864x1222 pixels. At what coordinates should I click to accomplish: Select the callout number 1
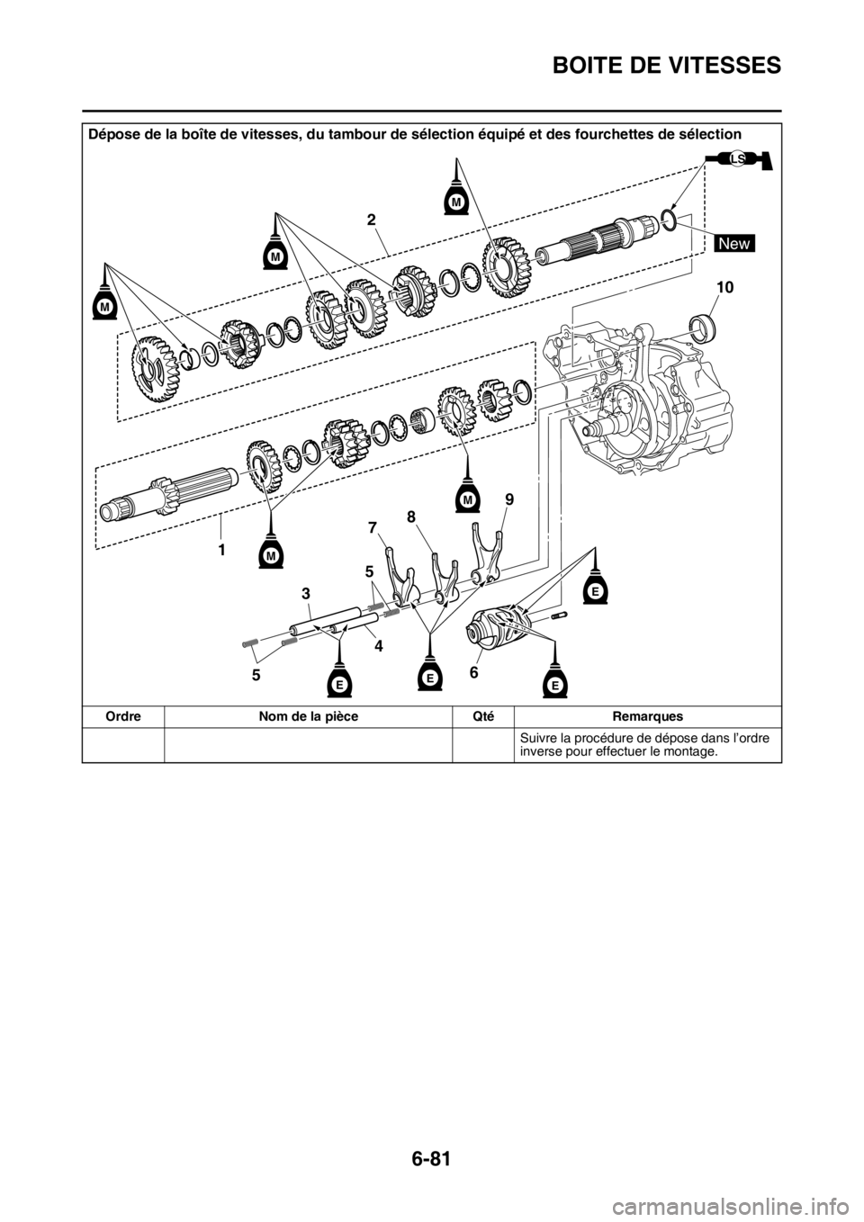click(219, 546)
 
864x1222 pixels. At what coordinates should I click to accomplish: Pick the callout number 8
click(411, 517)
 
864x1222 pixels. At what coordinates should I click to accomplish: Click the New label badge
click(734, 243)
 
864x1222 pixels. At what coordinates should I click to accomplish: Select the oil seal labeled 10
click(703, 324)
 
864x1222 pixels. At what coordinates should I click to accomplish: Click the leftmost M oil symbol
click(104, 306)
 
